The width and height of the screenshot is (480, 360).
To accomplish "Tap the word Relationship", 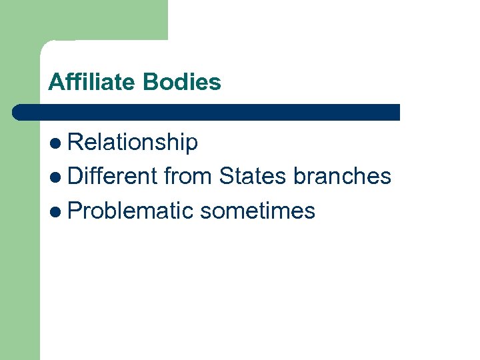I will tap(133, 142).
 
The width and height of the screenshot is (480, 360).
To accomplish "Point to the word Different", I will tap(112, 176).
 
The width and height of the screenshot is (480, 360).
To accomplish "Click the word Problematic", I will tap(131, 211).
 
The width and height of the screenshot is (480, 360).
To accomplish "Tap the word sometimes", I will tap(257, 211).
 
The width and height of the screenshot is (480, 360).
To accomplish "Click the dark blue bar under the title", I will tap(207, 112).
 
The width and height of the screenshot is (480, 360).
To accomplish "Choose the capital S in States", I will tap(226, 176).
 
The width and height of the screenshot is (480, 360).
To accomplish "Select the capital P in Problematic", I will tap(75, 211).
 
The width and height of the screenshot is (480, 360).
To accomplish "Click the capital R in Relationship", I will tap(75, 142).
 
